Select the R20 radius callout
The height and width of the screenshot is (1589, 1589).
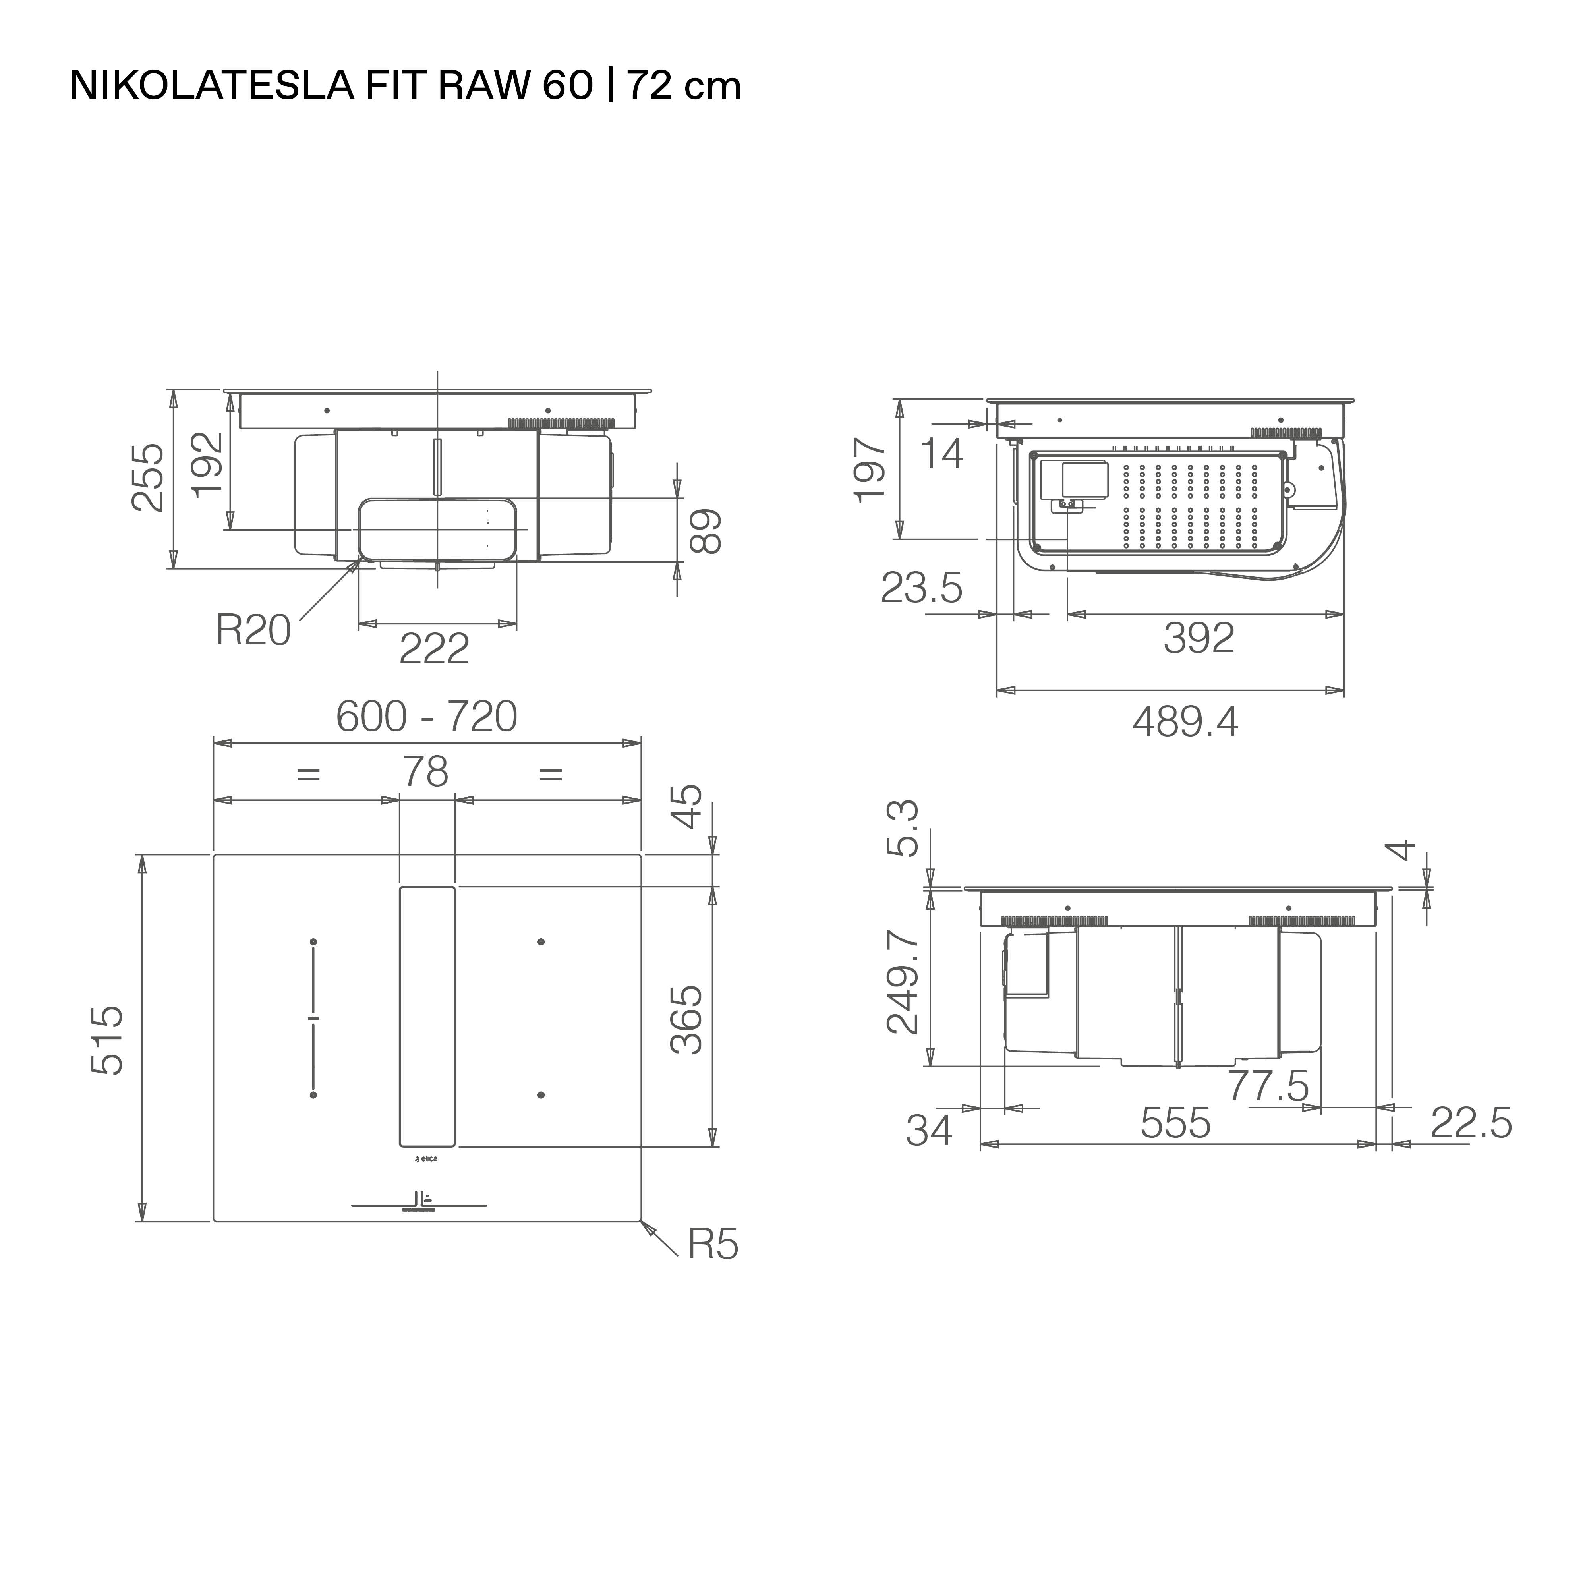(x=253, y=631)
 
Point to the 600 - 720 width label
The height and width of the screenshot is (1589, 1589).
(x=427, y=716)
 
